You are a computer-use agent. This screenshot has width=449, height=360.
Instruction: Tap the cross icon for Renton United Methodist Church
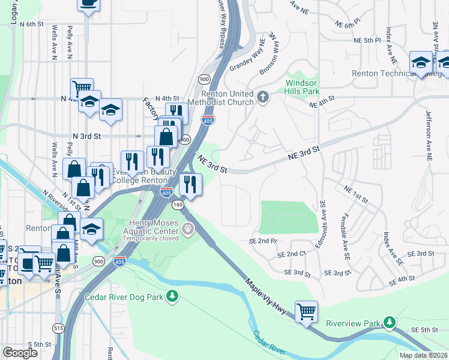[x=262, y=96]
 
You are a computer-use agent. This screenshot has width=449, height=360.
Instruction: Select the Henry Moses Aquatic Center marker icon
[x=189, y=229]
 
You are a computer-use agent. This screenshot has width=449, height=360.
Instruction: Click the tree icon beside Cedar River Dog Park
[x=172, y=296]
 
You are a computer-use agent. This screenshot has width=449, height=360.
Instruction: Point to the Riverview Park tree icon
[x=390, y=323]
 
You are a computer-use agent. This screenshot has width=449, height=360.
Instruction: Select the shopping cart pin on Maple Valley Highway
[x=306, y=312]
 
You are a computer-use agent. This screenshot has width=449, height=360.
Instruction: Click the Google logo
[x=20, y=353]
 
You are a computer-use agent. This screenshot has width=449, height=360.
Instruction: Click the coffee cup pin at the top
[x=88, y=3]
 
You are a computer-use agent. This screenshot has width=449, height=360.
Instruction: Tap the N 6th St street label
[x=32, y=24]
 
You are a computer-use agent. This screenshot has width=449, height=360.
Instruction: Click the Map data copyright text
[x=423, y=355]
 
